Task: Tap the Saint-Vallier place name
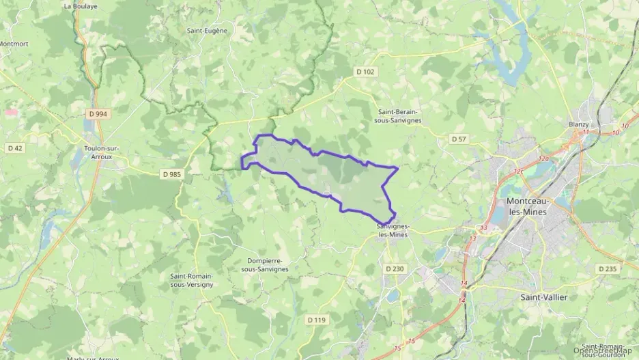tap(543, 297)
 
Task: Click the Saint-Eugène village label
tap(207, 31)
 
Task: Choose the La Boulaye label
tap(80, 6)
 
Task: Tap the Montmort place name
tap(14, 44)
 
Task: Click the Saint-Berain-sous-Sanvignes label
tap(399, 115)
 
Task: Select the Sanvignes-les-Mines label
tap(392, 230)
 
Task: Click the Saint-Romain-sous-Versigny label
tap(192, 280)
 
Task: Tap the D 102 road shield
tap(366, 71)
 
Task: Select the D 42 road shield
tap(14, 148)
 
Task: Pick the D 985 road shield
tap(172, 174)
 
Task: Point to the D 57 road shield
tap(459, 139)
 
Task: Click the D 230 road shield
tap(395, 269)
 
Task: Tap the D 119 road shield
tap(317, 320)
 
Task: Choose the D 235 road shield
tap(607, 269)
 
